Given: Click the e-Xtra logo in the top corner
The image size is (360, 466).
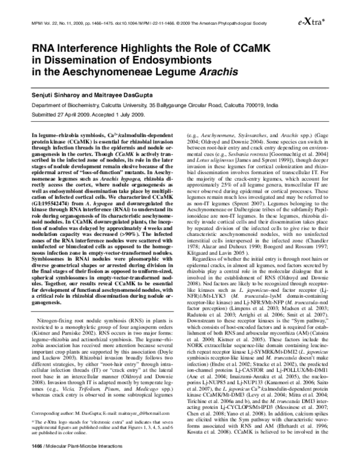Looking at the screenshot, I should (x=332, y=20).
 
